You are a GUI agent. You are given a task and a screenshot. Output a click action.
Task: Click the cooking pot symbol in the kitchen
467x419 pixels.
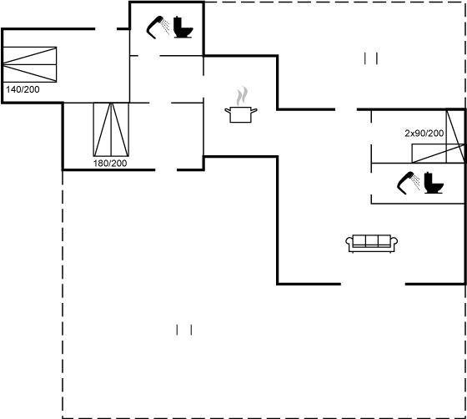coord(241,114)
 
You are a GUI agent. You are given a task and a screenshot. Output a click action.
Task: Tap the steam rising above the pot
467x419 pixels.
coord(242,96)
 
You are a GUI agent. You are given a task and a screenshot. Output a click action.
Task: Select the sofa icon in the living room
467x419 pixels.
coord(372,244)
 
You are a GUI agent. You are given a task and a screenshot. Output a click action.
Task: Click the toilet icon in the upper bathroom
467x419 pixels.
coord(183,27)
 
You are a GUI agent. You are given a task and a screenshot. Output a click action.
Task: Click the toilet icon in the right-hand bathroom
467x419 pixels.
coord(434,183)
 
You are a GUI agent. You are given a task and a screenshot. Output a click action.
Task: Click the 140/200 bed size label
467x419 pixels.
coord(23,89)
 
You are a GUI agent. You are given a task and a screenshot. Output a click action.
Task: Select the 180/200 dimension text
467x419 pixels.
coord(110,164)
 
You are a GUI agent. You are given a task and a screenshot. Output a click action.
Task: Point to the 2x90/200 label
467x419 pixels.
coord(424,134)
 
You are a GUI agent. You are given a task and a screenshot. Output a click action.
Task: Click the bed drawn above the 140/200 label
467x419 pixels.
coord(30,64)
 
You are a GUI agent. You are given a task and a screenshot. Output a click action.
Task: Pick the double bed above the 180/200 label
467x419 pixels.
coord(111,129)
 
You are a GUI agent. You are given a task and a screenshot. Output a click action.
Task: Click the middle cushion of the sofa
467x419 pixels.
coord(372,240)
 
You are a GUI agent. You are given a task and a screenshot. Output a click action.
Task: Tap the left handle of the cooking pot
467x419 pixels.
coord(228,111)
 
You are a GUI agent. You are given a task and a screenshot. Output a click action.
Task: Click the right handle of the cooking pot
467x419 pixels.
coord(254,111)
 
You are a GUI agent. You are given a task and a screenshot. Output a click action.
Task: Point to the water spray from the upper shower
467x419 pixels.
coord(166,25)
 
